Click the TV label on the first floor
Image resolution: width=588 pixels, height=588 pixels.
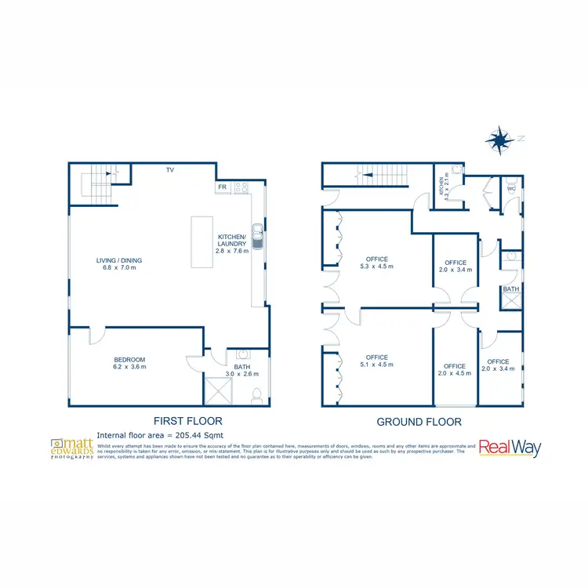[169, 169]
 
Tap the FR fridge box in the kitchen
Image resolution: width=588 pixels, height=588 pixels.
[223, 187]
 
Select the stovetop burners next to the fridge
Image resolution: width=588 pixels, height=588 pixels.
[241, 187]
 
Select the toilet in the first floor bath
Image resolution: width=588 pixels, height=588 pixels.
[256, 397]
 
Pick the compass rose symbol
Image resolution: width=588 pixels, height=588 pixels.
[497, 140]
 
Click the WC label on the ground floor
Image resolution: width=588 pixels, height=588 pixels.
[511, 189]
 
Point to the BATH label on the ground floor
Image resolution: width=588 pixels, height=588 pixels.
[511, 289]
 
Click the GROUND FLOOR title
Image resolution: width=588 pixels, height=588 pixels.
[419, 422]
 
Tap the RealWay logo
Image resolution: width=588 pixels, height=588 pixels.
[510, 448]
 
